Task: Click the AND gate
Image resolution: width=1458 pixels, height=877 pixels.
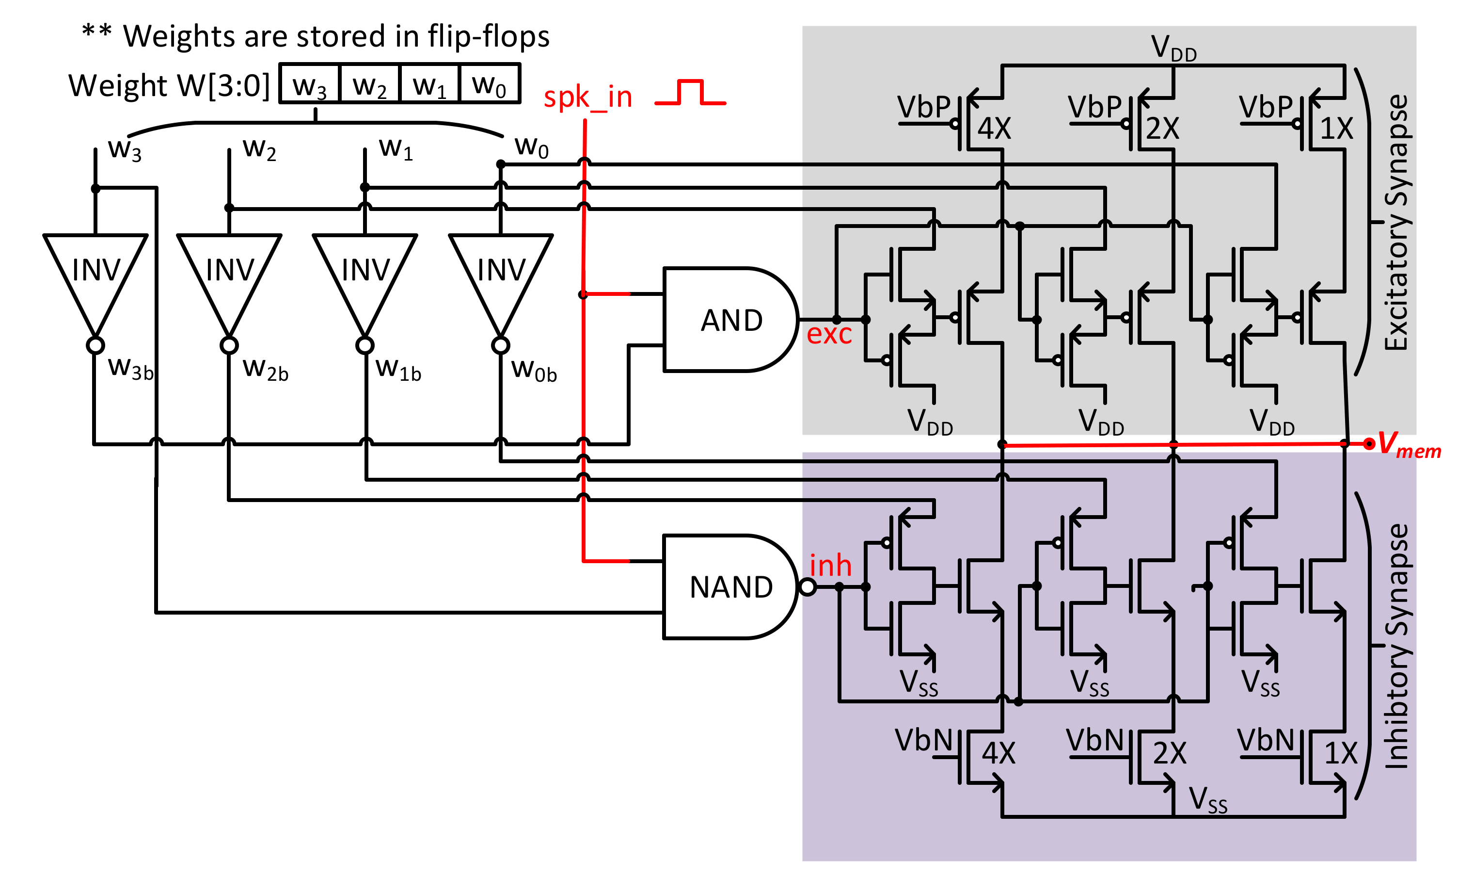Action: [x=730, y=320]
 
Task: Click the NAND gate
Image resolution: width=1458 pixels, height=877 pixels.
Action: [x=730, y=587]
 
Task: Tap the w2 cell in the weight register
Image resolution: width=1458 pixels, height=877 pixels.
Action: [x=370, y=84]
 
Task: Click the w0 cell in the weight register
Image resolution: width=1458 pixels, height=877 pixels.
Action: [x=490, y=84]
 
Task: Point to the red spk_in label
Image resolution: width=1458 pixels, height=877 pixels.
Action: [x=587, y=97]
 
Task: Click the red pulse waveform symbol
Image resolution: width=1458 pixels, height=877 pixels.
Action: [x=690, y=92]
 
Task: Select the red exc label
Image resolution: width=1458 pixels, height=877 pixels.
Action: [x=829, y=334]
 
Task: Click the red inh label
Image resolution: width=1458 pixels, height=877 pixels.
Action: [x=830, y=566]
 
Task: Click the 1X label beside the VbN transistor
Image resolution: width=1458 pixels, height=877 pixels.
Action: [x=1341, y=753]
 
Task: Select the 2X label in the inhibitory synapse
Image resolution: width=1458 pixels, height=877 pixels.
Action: [x=1169, y=753]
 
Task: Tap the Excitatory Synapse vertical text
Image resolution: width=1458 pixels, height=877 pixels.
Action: [x=1396, y=222]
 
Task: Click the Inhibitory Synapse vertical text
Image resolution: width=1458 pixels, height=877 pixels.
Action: [x=1396, y=646]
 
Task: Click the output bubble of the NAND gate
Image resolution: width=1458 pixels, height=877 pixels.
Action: [x=807, y=587]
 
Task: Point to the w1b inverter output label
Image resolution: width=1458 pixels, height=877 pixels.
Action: [x=398, y=369]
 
